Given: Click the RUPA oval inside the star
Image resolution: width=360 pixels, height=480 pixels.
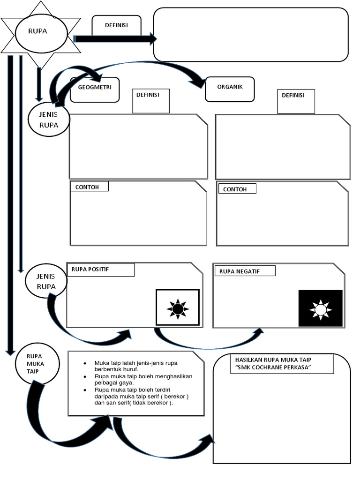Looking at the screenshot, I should [x=41, y=32].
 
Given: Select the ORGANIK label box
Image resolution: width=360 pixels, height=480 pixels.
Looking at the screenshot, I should [x=230, y=88].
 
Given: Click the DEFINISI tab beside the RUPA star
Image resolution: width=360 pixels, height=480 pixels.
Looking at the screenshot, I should [x=116, y=25].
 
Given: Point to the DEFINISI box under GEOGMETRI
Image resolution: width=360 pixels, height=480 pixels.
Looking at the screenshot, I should [x=150, y=100].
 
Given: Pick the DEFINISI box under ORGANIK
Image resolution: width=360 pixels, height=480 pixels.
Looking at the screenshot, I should [x=296, y=101].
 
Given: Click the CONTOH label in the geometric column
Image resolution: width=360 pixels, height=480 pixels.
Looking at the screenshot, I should [x=90, y=187].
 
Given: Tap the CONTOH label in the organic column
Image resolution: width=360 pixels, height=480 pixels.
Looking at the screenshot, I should [x=237, y=189].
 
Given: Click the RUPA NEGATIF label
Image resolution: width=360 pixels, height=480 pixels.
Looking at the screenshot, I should [x=245, y=271].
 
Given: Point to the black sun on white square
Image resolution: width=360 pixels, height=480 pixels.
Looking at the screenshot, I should [x=178, y=308].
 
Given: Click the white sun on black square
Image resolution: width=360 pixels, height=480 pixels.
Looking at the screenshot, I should [x=321, y=308].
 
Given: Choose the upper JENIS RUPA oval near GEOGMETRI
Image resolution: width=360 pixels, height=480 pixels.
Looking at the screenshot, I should [x=49, y=120].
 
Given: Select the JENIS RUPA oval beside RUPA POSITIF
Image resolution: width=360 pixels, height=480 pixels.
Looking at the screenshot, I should [x=46, y=281].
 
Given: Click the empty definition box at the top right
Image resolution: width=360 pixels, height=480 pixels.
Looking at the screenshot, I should [x=251, y=34].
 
